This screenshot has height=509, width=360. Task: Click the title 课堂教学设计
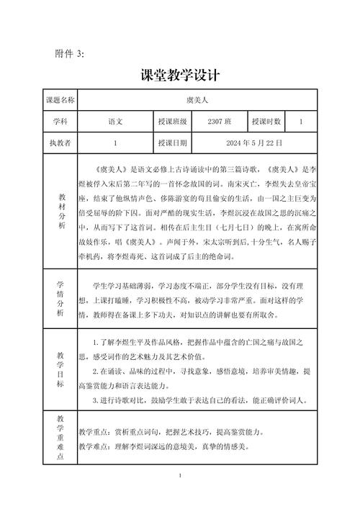pos(180,75)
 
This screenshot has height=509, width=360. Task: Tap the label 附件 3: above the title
pos(70,54)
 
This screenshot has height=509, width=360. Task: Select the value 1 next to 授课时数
pos(301,122)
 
